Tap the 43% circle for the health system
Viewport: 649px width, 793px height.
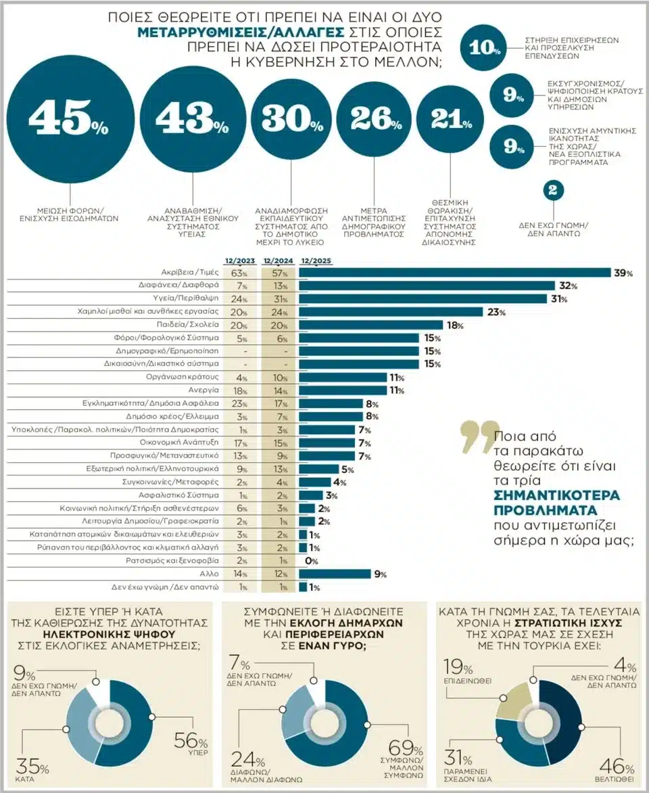pos(192,119)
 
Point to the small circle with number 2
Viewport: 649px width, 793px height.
pos(552,191)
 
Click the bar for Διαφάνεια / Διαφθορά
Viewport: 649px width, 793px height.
pos(426,286)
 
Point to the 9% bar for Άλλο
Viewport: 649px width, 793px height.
pos(335,574)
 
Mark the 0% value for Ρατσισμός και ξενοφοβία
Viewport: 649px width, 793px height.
pos(311,561)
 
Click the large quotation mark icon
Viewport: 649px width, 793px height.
pos(476,438)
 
